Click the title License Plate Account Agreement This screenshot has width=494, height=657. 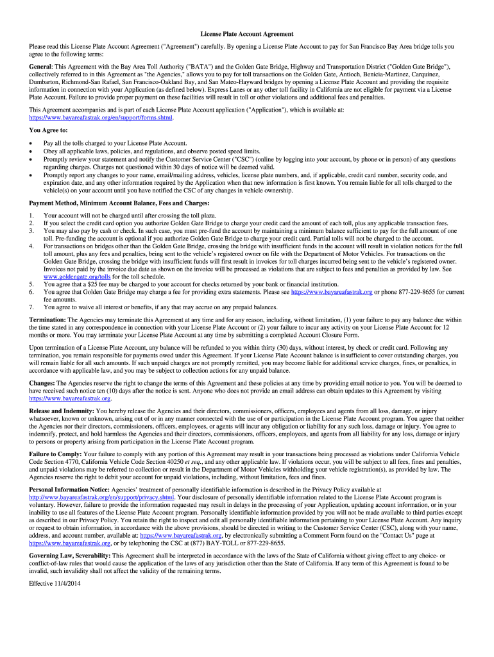[246, 34]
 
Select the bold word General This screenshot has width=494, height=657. [41, 67]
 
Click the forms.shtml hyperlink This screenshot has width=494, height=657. [101, 118]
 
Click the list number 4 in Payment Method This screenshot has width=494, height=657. [31, 246]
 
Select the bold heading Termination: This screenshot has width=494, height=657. [48, 319]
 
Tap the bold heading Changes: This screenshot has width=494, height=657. [44, 382]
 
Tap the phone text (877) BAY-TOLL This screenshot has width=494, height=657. [220, 543]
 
